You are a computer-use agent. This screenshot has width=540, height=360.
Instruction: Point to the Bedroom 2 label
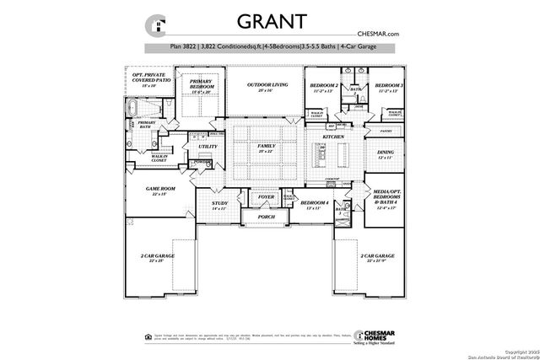(323, 87)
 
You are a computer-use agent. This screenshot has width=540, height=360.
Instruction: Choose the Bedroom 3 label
(389, 87)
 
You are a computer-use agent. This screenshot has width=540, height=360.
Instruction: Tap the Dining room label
(386, 153)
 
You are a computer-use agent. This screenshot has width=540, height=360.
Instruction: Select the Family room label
(267, 148)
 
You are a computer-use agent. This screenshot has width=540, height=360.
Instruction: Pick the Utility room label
(208, 147)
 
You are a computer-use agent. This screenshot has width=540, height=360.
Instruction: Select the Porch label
(267, 218)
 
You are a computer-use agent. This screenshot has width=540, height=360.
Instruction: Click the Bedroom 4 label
(314, 204)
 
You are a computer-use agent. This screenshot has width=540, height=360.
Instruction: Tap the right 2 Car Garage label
(377, 256)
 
